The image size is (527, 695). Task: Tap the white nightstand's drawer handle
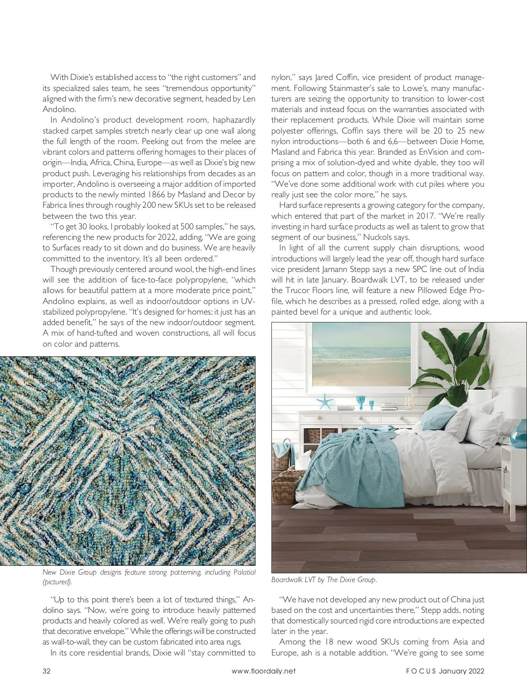point(505,469)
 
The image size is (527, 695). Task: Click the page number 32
point(47,671)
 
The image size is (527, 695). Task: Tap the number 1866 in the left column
point(157,195)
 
